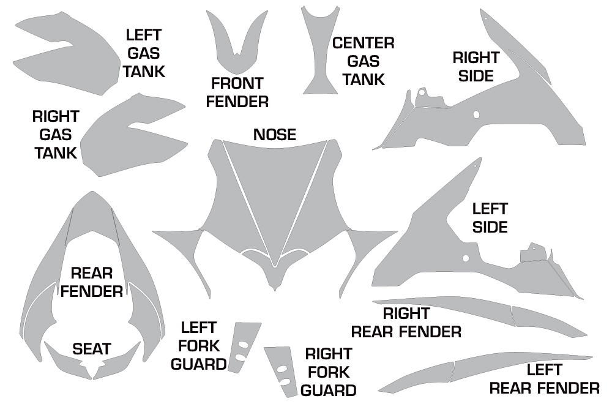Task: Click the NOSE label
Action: click(274, 135)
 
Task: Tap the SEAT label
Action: click(92, 348)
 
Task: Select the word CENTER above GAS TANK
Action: click(363, 43)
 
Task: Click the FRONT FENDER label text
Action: click(237, 92)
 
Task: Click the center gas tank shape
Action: click(320, 50)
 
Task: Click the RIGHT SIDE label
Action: click(476, 67)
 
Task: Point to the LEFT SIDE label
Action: click(490, 218)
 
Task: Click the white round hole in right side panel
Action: click(476, 114)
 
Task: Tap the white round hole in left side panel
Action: click(465, 258)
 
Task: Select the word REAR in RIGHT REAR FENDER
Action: click(372, 332)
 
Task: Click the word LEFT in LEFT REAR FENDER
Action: click(544, 370)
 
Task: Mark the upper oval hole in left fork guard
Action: click(243, 344)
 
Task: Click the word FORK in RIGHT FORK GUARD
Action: click(329, 372)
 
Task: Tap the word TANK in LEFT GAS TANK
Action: click(144, 72)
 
